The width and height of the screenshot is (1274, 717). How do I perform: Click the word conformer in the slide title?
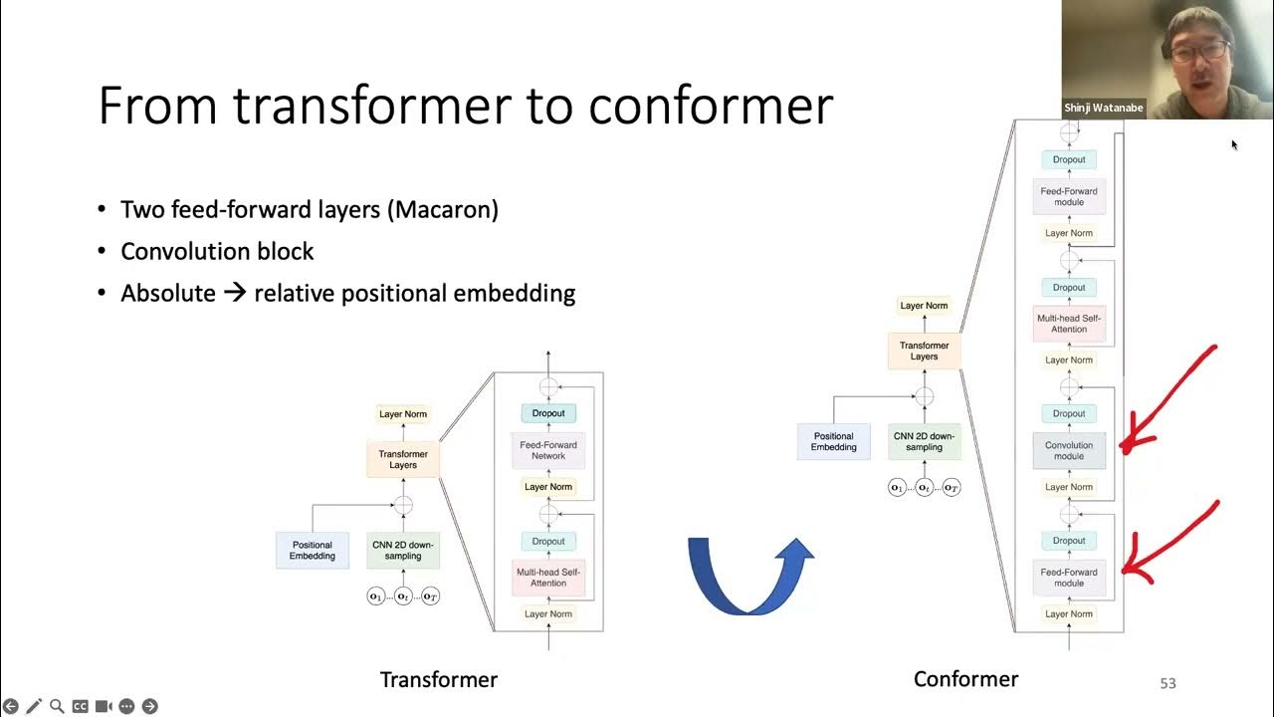(711, 106)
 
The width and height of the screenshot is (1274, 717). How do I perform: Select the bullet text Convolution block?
(217, 251)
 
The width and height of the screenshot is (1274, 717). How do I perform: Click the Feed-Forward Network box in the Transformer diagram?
(548, 450)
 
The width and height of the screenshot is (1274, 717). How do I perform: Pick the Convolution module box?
(1069, 451)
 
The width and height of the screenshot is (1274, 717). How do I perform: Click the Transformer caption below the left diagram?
(438, 679)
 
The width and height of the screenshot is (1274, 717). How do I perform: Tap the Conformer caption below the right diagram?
(965, 679)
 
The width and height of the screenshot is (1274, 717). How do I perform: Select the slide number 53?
(1168, 683)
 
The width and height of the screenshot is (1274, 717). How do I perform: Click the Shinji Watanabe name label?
(1104, 108)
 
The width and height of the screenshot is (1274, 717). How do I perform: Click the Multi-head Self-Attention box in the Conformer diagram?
(1069, 324)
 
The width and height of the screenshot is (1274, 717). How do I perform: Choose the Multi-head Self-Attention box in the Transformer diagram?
(548, 578)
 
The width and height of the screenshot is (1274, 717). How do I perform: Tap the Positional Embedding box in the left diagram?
(312, 551)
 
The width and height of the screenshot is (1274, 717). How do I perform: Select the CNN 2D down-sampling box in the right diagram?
(924, 441)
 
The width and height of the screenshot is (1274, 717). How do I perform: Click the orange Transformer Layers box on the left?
(403, 459)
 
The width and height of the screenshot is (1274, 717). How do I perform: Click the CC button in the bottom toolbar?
(80, 706)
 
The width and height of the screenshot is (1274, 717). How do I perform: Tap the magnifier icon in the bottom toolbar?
(57, 706)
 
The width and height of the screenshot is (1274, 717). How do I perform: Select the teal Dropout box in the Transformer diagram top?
(548, 413)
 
